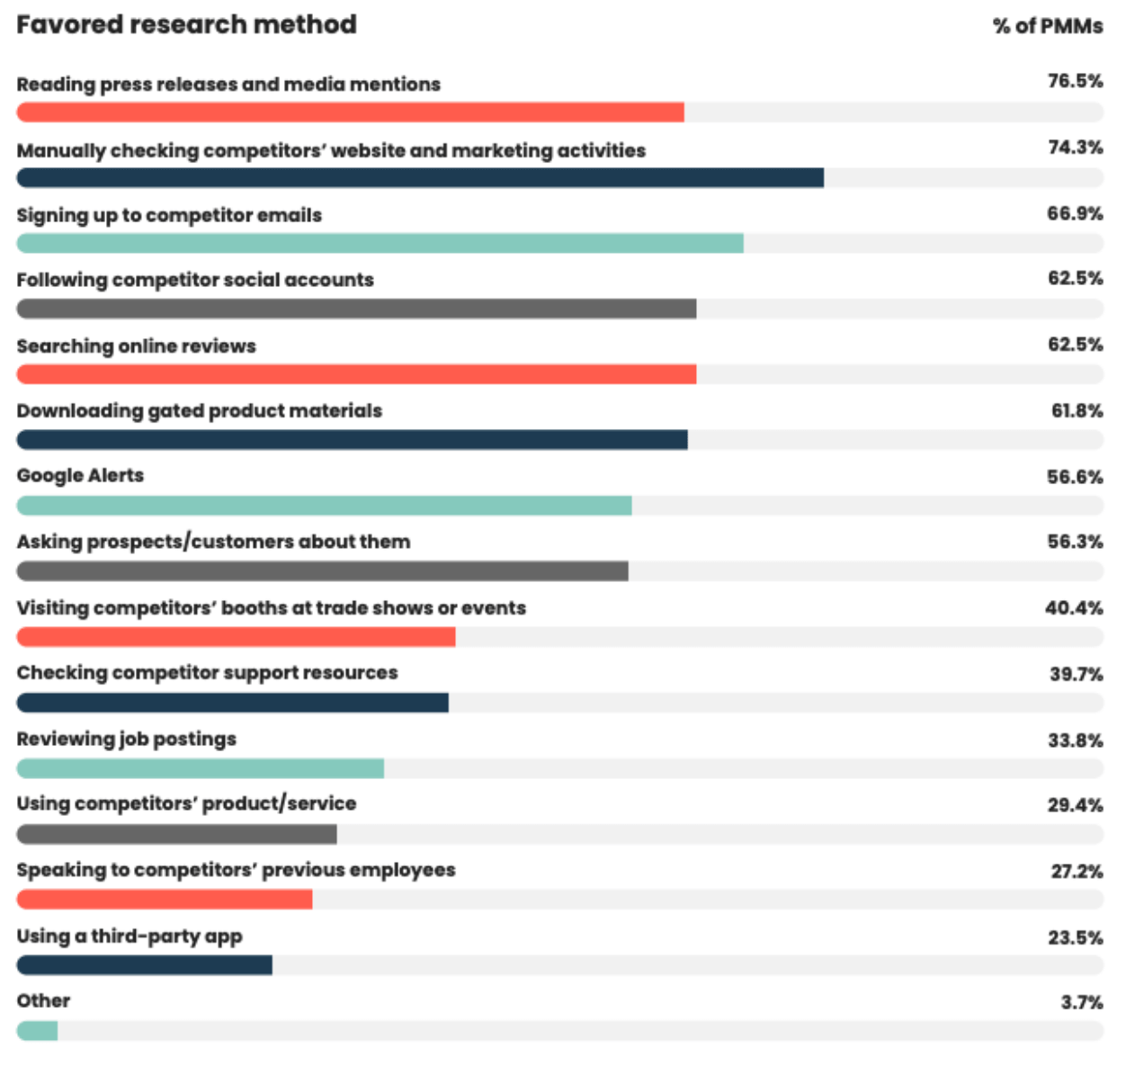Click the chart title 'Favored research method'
point(186,24)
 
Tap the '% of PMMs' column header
point(1047,26)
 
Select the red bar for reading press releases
point(350,112)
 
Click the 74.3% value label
point(1075,148)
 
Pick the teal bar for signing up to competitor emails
point(380,243)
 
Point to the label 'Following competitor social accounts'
point(195,280)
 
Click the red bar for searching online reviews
point(356,374)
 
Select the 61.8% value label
point(1077,411)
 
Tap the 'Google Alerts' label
point(80,476)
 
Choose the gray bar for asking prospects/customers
point(322,571)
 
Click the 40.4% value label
point(1074,608)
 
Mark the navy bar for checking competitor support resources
point(232,703)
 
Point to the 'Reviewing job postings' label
point(127,739)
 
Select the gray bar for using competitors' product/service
point(176,834)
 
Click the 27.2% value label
point(1077,871)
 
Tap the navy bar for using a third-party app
point(144,965)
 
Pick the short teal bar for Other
point(37,1031)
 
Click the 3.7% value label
point(1081,1002)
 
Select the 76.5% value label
point(1075,81)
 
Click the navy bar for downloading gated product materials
point(352,440)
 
